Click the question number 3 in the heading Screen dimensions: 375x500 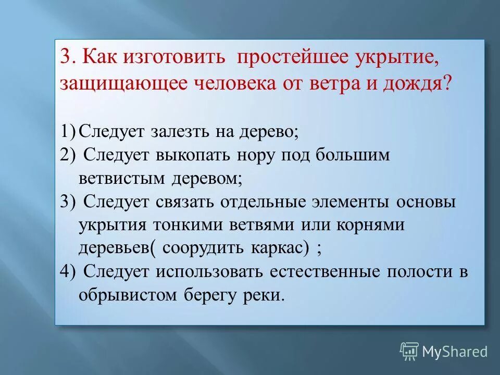[66, 58]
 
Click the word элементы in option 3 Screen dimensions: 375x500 [347, 202]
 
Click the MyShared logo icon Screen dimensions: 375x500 [409, 351]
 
